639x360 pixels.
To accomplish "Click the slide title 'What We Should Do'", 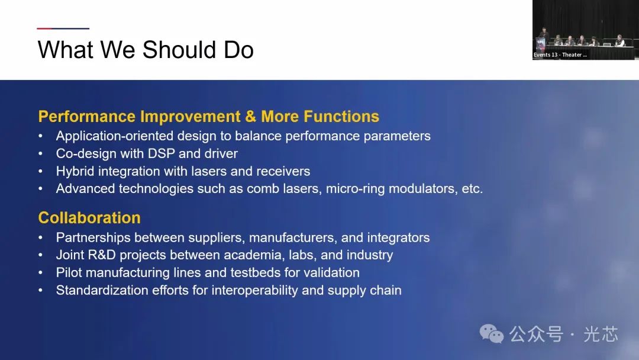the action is (146, 50).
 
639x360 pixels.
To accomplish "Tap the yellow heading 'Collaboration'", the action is (89, 218).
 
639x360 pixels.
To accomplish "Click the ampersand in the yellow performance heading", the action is (251, 117).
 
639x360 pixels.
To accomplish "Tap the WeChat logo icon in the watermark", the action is (492, 334).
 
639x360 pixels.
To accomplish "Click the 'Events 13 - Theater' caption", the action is (560, 54).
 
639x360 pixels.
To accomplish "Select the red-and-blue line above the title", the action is (63, 28).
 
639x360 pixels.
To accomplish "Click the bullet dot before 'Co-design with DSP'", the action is (40, 154).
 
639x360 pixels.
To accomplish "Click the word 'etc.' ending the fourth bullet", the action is (472, 189).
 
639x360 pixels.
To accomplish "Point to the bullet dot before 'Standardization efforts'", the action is (40, 291).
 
